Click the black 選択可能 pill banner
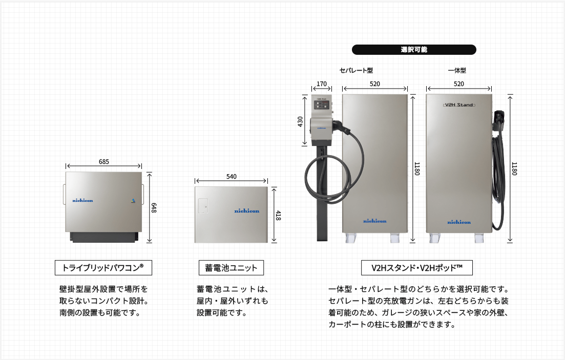(414, 50)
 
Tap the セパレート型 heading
(356, 71)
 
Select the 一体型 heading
(457, 71)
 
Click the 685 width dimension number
(104, 162)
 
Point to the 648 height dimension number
(154, 207)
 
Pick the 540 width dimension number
(232, 177)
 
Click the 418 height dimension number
(278, 216)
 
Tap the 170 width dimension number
(321, 84)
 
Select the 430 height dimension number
(300, 121)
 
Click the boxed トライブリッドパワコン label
(103, 268)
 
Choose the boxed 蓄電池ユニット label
(232, 268)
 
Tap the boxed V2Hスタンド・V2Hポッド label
(417, 268)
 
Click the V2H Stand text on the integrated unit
(459, 105)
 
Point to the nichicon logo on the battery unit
(247, 211)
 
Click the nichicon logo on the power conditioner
(82, 200)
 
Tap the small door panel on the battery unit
(203, 205)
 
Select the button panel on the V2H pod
(321, 105)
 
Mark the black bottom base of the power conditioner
(104, 237)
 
